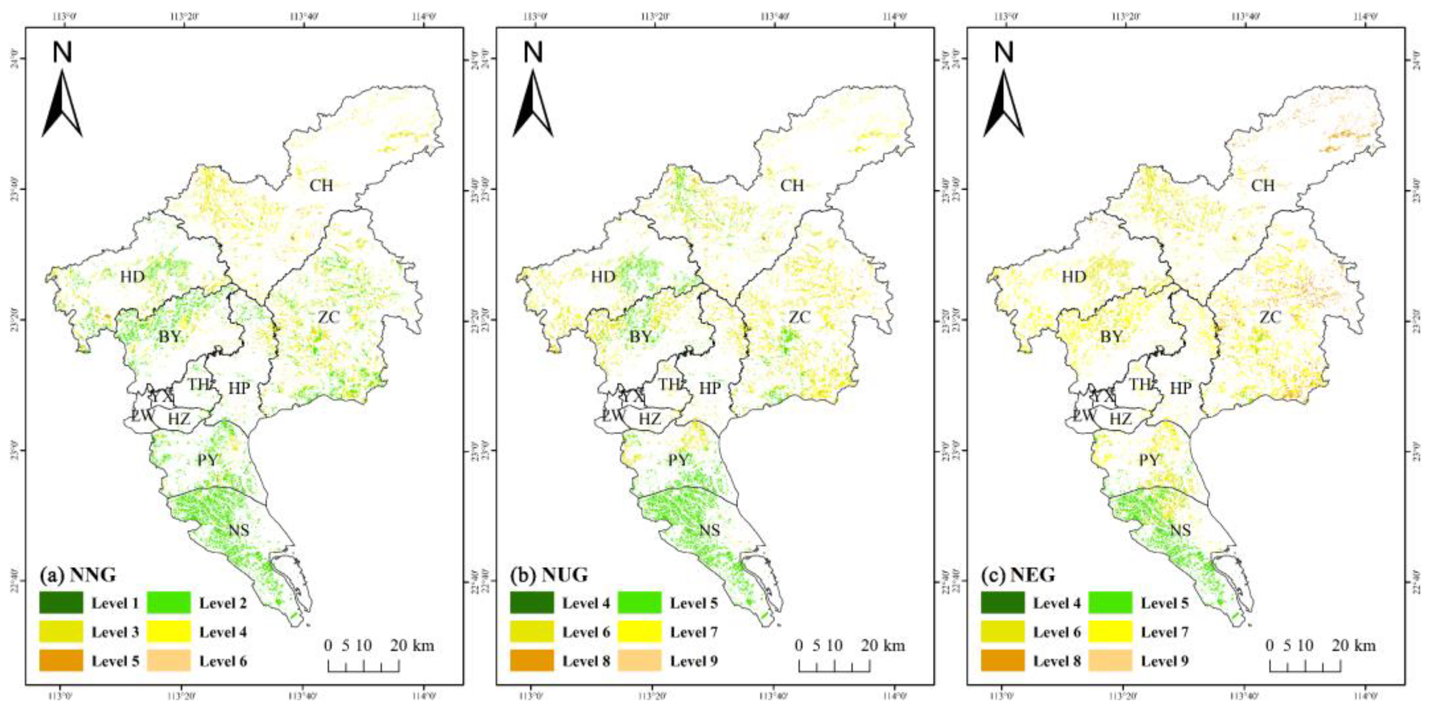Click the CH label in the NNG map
[x=321, y=185]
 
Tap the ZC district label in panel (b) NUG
[x=800, y=317]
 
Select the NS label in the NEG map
[x=1180, y=530]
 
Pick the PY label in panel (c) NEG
[x=1149, y=460]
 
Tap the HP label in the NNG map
[x=239, y=389]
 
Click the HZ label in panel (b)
[x=650, y=419]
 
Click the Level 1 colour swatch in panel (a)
[x=61, y=603]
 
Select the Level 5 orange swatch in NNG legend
[x=61, y=660]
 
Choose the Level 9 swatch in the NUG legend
[x=639, y=660]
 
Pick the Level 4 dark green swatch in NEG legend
[x=1002, y=603]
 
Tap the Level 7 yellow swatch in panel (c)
[x=1110, y=631]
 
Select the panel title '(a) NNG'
[x=78, y=575]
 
